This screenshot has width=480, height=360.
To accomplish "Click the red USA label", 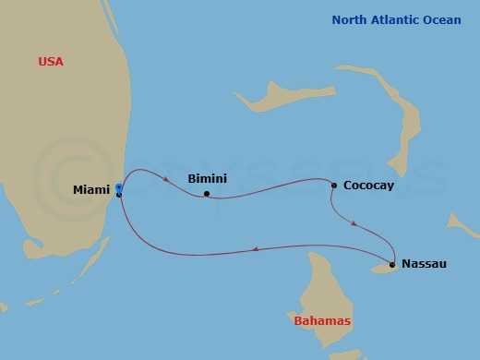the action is pyautogui.click(x=51, y=62).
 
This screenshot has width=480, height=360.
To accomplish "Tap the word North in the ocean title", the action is pyautogui.click(x=353, y=19).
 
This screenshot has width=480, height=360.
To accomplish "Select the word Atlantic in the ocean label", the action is pyautogui.click(x=399, y=19).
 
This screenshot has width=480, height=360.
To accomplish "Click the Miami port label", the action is pyautogui.click(x=90, y=190).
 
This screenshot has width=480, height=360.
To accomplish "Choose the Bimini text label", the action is pyautogui.click(x=207, y=178).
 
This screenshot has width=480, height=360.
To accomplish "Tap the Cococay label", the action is pyautogui.click(x=368, y=186).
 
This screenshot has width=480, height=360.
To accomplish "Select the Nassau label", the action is pyautogui.click(x=424, y=264).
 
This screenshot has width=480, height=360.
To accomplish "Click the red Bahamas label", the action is pyautogui.click(x=322, y=321).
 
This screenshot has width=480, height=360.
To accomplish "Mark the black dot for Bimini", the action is pyautogui.click(x=207, y=194).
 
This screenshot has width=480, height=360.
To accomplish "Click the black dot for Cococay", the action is pyautogui.click(x=334, y=186).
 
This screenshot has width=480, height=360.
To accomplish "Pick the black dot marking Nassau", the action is pyautogui.click(x=392, y=265).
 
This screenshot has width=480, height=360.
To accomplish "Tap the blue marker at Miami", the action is pyautogui.click(x=119, y=187).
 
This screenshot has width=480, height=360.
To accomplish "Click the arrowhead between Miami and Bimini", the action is pyautogui.click(x=166, y=178).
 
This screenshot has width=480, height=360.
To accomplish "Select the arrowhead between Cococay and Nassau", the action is pyautogui.click(x=355, y=222).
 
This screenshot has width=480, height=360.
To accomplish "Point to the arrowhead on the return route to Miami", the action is pyautogui.click(x=256, y=248).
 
